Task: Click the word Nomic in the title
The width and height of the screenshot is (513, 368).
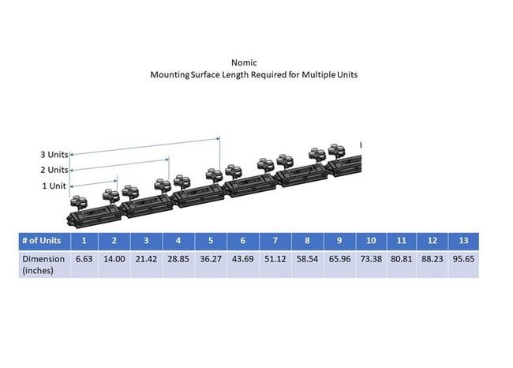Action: click(x=244, y=62)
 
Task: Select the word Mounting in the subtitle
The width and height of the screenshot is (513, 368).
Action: click(x=170, y=75)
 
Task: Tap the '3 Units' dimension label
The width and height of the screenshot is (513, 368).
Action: click(x=54, y=155)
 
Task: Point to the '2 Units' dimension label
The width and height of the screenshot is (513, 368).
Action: click(x=54, y=170)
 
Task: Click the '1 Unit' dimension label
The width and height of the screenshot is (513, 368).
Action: click(x=54, y=186)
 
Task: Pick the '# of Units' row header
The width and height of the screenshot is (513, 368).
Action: click(x=42, y=241)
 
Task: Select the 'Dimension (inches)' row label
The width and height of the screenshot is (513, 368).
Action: click(x=43, y=265)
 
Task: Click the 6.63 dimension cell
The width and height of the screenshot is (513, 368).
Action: click(x=84, y=259)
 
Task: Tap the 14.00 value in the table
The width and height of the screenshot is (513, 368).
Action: click(x=114, y=259)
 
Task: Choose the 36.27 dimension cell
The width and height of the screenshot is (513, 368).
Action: click(x=211, y=259)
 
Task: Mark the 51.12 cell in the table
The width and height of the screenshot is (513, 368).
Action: click(x=275, y=259)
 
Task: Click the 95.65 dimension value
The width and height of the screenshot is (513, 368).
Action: click(x=463, y=259)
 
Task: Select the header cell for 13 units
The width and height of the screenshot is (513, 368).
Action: click(x=463, y=241)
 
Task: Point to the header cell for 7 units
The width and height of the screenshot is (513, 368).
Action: click(x=275, y=241)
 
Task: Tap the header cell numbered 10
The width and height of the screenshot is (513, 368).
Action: click(x=371, y=241)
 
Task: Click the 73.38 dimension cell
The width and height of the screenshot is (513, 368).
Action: click(x=371, y=259)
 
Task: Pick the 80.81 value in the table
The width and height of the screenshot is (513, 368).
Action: click(x=402, y=259)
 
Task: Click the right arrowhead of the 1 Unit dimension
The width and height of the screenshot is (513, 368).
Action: click(x=115, y=181)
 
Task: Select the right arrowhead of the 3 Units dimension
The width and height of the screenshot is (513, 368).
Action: click(x=218, y=139)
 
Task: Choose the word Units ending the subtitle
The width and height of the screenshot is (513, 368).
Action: click(x=347, y=75)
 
